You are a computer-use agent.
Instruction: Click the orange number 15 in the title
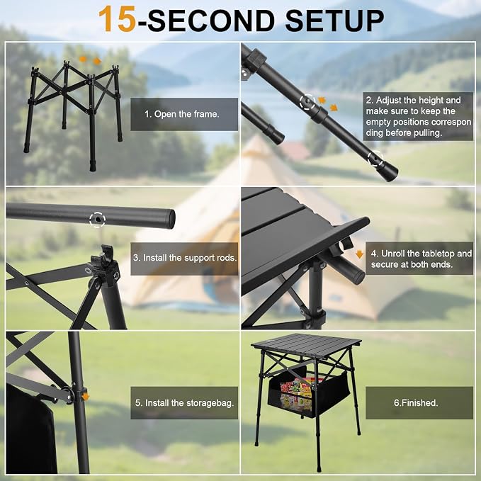click(x=117, y=19)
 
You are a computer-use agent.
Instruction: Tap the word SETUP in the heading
click(x=334, y=21)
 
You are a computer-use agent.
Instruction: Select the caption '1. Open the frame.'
click(x=182, y=114)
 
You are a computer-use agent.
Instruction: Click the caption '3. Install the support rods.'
click(x=185, y=258)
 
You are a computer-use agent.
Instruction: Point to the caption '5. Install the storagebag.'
click(x=185, y=403)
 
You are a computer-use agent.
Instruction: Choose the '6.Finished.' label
click(x=416, y=402)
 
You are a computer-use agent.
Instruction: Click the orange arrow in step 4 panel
click(x=359, y=254)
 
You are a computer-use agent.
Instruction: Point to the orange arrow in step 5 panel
click(x=86, y=397)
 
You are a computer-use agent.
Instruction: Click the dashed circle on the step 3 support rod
click(x=98, y=219)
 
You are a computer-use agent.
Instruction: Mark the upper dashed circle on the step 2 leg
click(x=307, y=101)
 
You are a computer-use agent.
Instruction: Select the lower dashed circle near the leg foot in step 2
click(x=375, y=159)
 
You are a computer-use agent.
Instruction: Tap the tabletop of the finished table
click(x=306, y=343)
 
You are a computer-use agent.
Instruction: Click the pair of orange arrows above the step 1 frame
click(x=90, y=60)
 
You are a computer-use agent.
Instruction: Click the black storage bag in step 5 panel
click(x=30, y=429)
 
